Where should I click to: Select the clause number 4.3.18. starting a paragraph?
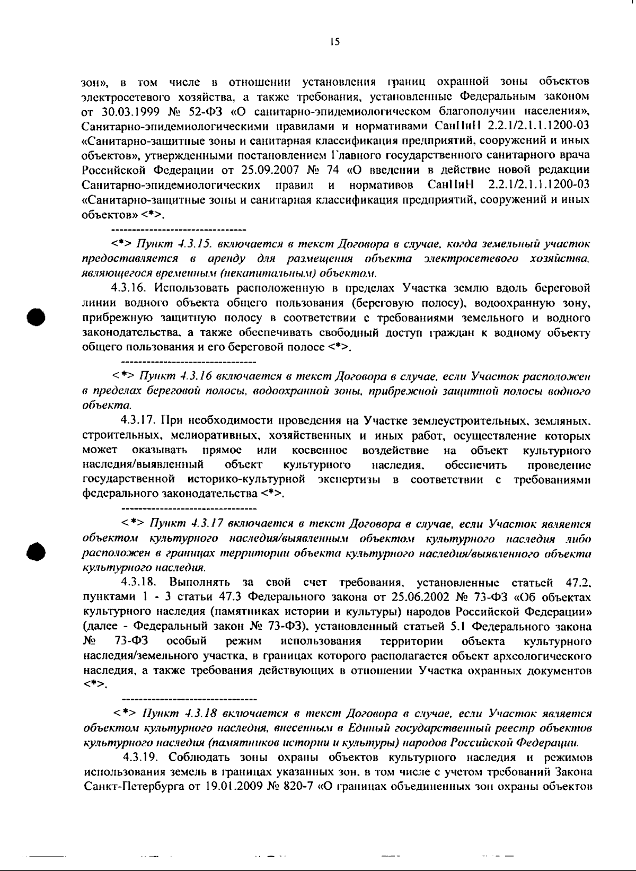(x=140, y=583)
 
